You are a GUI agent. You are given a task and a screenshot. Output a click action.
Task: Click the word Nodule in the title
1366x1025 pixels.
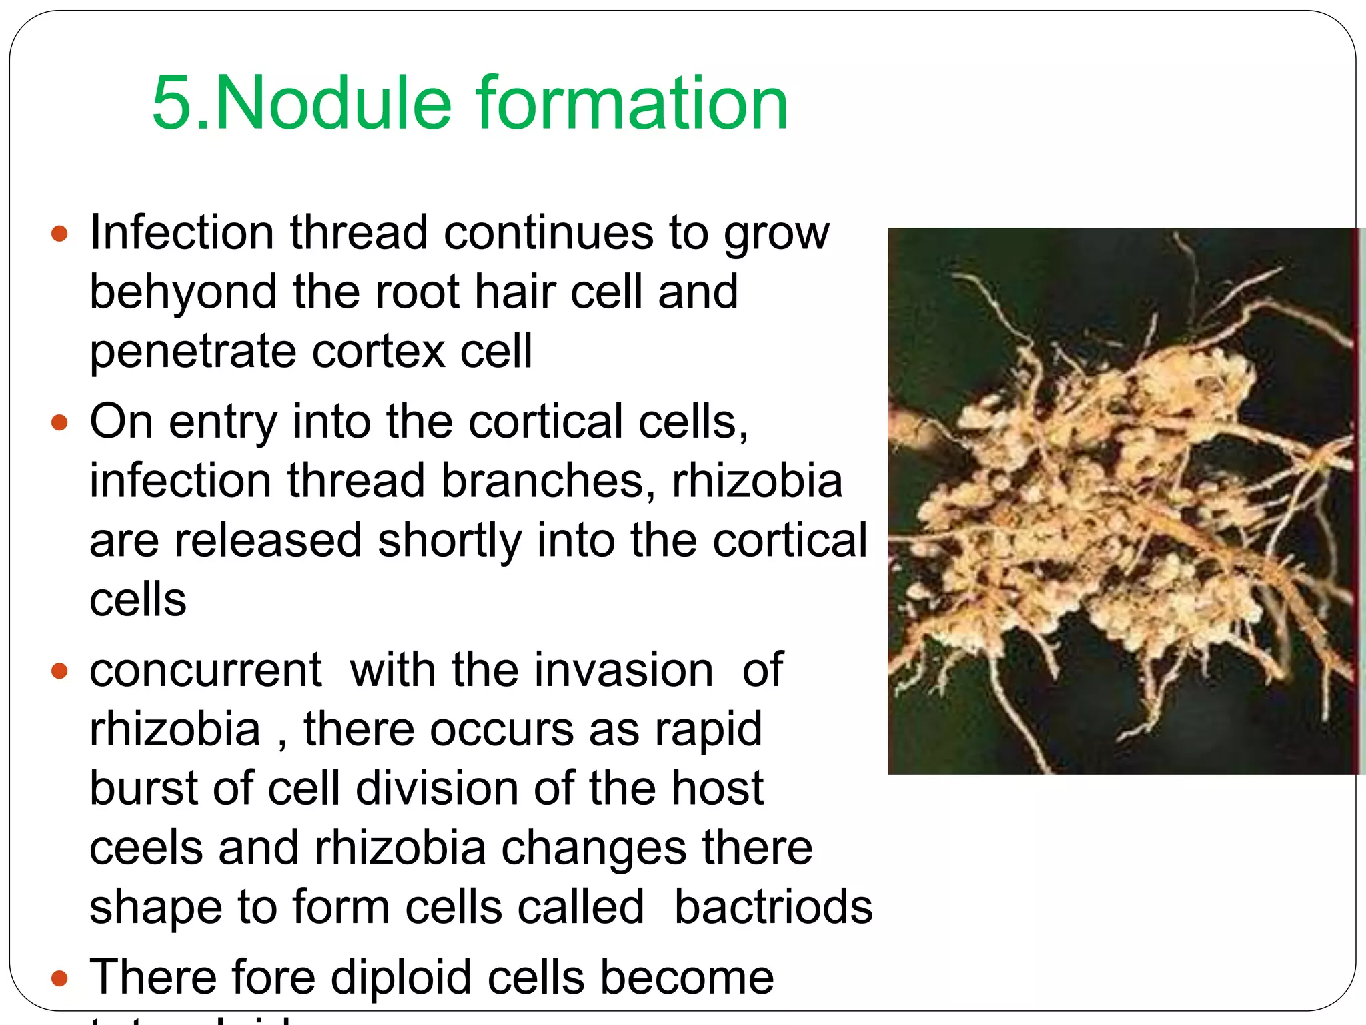coord(333,103)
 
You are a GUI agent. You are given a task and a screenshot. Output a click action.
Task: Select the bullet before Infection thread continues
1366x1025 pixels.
coord(60,234)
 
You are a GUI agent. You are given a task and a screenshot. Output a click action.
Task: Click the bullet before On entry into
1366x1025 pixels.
coord(60,422)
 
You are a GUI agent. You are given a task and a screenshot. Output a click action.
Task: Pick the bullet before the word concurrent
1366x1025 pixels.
coord(60,671)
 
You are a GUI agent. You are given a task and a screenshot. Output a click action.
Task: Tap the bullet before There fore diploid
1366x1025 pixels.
coord(60,978)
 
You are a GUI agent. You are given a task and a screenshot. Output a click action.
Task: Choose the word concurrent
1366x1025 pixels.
coord(206,671)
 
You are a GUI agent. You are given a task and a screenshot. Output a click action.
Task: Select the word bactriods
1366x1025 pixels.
coord(773,908)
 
